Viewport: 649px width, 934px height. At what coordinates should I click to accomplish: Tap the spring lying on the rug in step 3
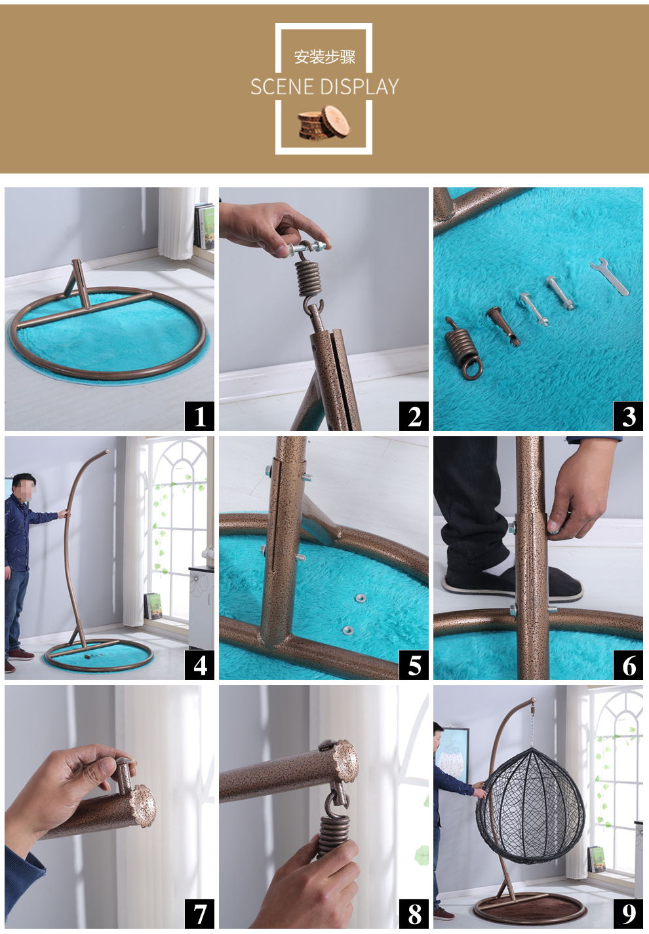[x=463, y=348]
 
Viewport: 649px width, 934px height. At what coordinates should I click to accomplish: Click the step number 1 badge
[x=199, y=416]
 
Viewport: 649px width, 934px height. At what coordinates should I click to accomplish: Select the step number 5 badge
[x=414, y=665]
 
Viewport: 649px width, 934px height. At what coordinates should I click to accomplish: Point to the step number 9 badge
[x=628, y=914]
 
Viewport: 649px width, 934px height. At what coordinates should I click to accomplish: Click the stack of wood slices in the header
[x=324, y=122]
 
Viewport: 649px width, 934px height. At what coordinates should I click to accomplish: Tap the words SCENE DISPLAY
[x=324, y=86]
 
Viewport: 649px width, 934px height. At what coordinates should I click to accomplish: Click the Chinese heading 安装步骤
[x=324, y=57]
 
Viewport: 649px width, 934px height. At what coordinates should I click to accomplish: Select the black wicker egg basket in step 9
[x=530, y=807]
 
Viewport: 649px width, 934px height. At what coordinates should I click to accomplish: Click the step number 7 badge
[x=199, y=914]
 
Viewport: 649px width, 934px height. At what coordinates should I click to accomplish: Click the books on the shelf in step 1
[x=205, y=226]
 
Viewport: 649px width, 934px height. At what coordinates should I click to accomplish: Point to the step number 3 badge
[x=628, y=416]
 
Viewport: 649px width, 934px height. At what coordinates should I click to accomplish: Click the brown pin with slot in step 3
[x=503, y=326]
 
